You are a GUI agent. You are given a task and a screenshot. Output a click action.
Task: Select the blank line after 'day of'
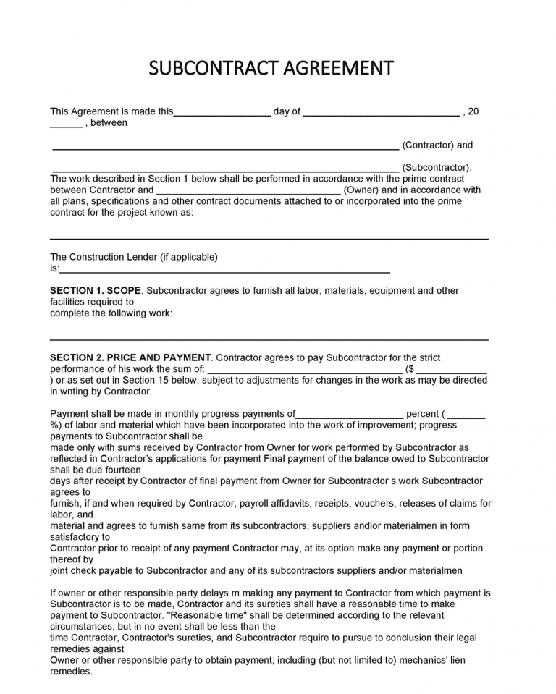[381, 114]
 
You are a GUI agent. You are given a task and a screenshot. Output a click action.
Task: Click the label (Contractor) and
[437, 145]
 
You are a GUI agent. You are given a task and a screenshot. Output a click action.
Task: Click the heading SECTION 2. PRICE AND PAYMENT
[130, 357]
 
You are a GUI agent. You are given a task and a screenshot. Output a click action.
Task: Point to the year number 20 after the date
[473, 111]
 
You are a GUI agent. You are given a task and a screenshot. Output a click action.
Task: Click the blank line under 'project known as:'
[269, 238]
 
